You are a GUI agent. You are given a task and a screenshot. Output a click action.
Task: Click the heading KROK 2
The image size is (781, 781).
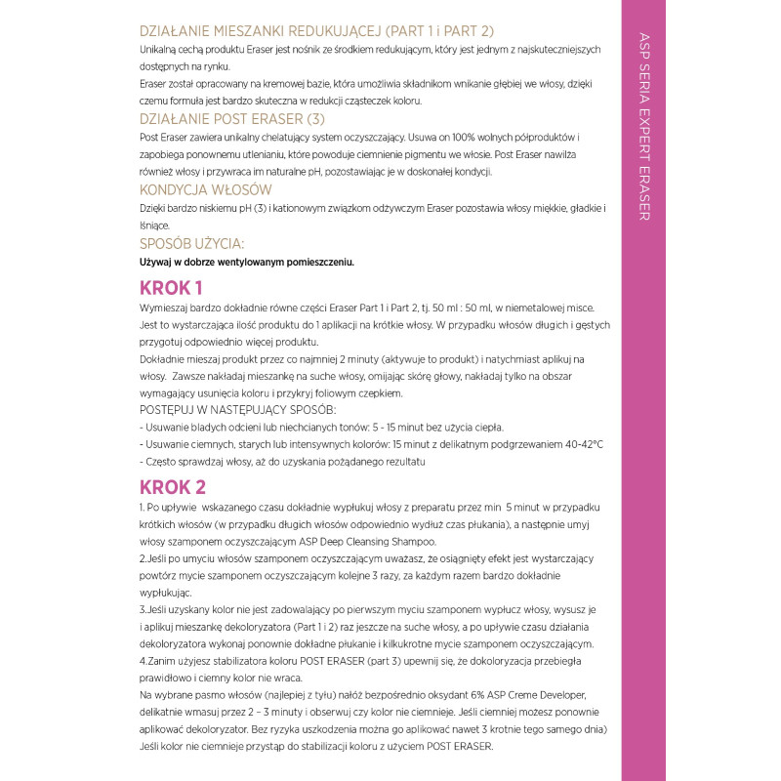click(173, 486)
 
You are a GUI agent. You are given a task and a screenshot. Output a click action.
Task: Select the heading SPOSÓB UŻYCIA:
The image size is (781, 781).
click(192, 243)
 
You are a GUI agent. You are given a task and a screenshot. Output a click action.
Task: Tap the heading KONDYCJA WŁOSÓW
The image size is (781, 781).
click(206, 189)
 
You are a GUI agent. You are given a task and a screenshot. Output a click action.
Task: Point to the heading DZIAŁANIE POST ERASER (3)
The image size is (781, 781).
click(231, 119)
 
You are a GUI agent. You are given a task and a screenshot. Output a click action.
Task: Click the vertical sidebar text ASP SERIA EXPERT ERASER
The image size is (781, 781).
click(644, 127)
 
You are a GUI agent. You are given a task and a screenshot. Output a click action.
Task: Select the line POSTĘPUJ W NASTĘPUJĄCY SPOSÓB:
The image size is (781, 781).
click(238, 409)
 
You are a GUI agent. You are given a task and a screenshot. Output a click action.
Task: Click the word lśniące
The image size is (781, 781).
click(155, 226)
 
